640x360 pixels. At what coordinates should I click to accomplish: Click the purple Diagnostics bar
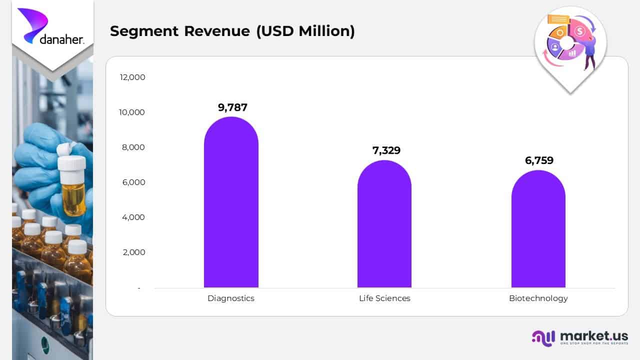(x=231, y=205)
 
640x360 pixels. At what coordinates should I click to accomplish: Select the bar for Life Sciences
(x=384, y=225)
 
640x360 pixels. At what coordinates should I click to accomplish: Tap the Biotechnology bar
(x=538, y=230)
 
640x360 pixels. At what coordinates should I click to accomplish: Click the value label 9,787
(x=232, y=107)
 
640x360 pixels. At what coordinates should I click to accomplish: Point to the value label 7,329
(x=386, y=150)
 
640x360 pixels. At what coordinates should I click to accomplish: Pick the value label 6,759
(x=539, y=160)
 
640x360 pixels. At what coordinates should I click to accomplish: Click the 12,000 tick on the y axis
(x=132, y=77)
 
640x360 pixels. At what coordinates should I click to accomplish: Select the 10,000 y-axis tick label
(x=132, y=112)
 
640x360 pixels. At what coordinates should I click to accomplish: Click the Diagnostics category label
(x=231, y=298)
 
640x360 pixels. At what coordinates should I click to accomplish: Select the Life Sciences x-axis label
(x=384, y=298)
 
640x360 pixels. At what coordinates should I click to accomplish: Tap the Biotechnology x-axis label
(x=538, y=298)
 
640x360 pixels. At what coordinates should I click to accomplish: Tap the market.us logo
(x=580, y=337)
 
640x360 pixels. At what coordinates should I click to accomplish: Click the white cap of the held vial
(x=71, y=163)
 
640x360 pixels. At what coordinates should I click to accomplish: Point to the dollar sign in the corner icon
(x=580, y=31)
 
